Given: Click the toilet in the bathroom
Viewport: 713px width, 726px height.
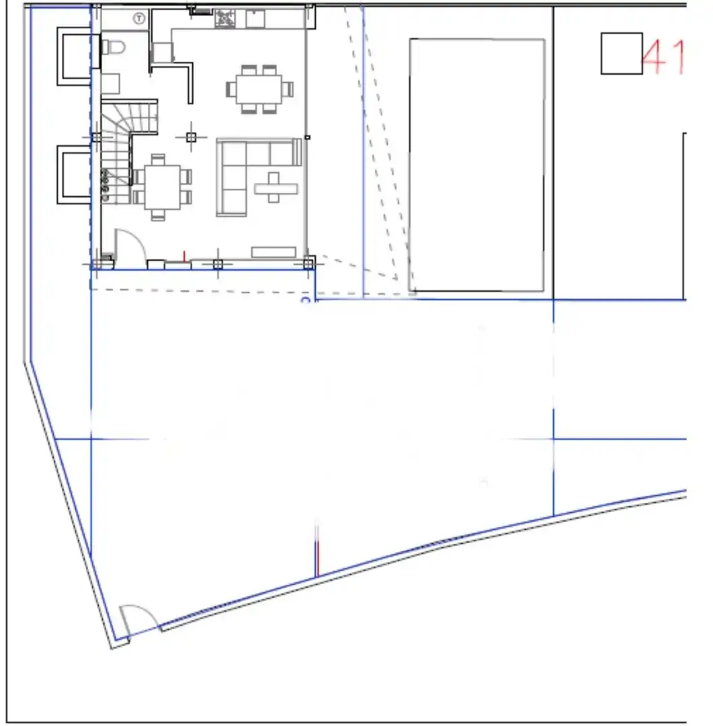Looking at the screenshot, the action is [114, 47].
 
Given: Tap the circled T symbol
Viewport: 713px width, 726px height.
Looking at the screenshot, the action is [139, 19].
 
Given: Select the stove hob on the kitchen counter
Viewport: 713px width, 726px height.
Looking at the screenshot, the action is [225, 19].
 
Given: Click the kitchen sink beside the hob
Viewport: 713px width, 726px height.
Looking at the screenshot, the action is [255, 19].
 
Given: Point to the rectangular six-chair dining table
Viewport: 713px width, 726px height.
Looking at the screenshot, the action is [259, 89].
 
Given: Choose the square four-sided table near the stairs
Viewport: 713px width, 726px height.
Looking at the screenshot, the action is [162, 188].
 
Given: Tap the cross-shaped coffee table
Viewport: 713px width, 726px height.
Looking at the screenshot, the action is [275, 188].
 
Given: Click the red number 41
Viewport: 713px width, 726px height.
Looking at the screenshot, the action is [664, 57].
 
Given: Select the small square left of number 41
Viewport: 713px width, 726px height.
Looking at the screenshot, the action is [622, 53].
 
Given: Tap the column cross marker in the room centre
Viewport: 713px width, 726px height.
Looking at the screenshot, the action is [192, 137].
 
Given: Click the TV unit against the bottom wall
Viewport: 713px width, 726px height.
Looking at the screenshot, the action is [274, 252].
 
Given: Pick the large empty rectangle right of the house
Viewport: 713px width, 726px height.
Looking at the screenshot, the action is [477, 165].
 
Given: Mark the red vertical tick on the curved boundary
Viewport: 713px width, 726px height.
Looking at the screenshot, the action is [318, 559].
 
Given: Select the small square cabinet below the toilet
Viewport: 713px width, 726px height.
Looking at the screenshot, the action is [111, 83].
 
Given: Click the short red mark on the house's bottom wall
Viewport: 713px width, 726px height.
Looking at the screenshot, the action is [184, 256].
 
